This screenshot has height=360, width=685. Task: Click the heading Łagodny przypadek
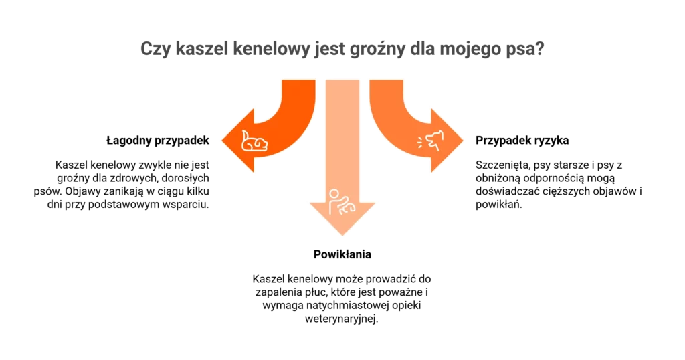point(158,141)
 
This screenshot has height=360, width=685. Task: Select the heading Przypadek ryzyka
point(522,141)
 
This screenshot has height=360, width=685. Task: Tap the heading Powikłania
point(342,254)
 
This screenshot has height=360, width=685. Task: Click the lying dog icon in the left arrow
point(255,141)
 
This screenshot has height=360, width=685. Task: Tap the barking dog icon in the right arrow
point(430,141)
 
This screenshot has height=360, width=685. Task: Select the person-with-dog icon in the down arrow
point(342,202)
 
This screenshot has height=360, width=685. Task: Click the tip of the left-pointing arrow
point(222,141)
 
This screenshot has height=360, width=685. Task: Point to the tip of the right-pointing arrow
point(463,141)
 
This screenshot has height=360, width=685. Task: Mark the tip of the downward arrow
point(342,236)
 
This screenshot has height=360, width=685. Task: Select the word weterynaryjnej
point(341,319)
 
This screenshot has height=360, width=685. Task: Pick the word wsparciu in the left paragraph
point(187,205)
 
